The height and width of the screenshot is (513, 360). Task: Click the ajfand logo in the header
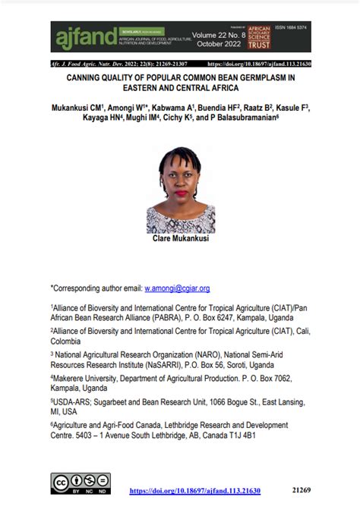[x=74, y=36]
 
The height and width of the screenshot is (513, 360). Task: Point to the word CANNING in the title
[x=90, y=77]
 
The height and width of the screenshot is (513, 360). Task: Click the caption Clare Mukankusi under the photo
[x=180, y=238]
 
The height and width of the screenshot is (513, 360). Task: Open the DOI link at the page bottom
[x=195, y=491]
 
